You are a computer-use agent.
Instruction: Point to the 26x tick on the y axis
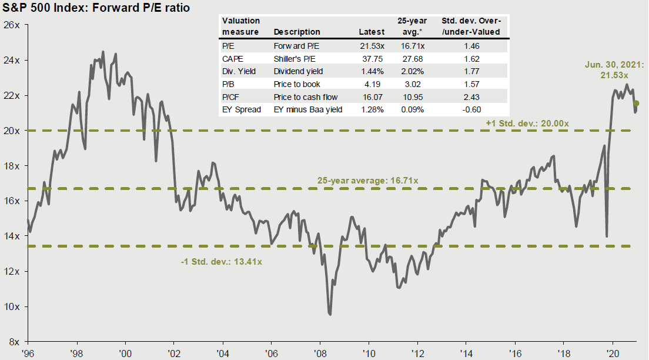pyautogui.click(x=12, y=25)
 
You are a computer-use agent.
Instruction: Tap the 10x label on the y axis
pyautogui.click(x=12, y=306)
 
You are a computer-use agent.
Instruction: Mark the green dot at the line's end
pyautogui.click(x=636, y=104)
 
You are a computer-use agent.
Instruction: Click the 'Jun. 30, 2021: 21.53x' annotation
pyautogui.click(x=614, y=71)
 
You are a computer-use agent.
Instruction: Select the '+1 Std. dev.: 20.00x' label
pyautogui.click(x=527, y=123)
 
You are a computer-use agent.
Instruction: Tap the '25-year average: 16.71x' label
pyautogui.click(x=367, y=181)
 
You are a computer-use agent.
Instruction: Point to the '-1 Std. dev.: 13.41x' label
pyautogui.click(x=221, y=261)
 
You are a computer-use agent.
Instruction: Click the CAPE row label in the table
pyautogui.click(x=232, y=59)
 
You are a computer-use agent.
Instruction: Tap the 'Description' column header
pyautogui.click(x=297, y=32)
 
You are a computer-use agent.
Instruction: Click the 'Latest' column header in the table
pyautogui.click(x=372, y=32)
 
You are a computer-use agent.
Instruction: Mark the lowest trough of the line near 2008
pyautogui.click(x=330, y=314)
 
